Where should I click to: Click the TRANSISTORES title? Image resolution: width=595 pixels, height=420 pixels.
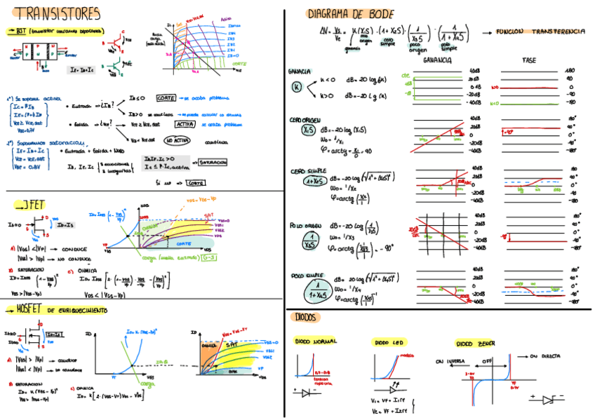58,13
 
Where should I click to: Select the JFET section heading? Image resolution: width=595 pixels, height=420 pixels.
30,205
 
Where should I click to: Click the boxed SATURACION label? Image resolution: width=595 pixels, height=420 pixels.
213,162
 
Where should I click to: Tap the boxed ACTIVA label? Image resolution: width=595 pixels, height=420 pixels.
185,123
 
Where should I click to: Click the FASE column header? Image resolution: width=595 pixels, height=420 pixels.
529,61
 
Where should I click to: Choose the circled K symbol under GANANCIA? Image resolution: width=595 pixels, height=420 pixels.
296,87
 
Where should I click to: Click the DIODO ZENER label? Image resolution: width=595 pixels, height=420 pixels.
475,344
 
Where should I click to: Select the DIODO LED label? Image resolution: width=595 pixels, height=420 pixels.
389,343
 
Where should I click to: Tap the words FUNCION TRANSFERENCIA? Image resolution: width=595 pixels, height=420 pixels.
540,32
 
